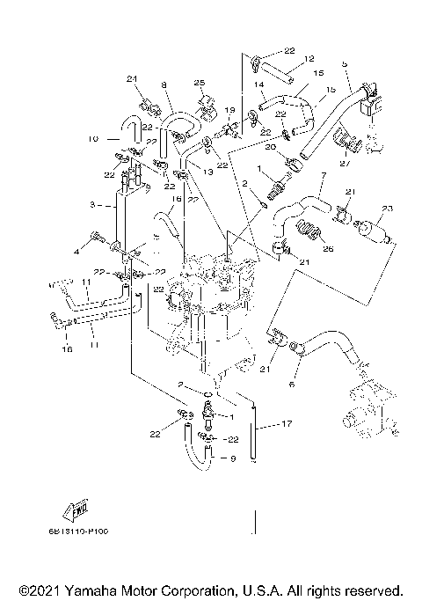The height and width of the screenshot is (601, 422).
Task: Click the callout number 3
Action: (91, 205)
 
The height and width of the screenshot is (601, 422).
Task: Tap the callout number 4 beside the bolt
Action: (76, 252)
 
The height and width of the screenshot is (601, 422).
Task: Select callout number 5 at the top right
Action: (345, 64)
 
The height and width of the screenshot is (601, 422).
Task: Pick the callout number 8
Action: (164, 85)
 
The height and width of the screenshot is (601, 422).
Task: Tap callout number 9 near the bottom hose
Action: (233, 458)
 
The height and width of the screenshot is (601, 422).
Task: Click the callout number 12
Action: (309, 59)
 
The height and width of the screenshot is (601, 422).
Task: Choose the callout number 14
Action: (259, 85)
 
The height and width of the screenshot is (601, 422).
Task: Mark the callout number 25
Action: (199, 83)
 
